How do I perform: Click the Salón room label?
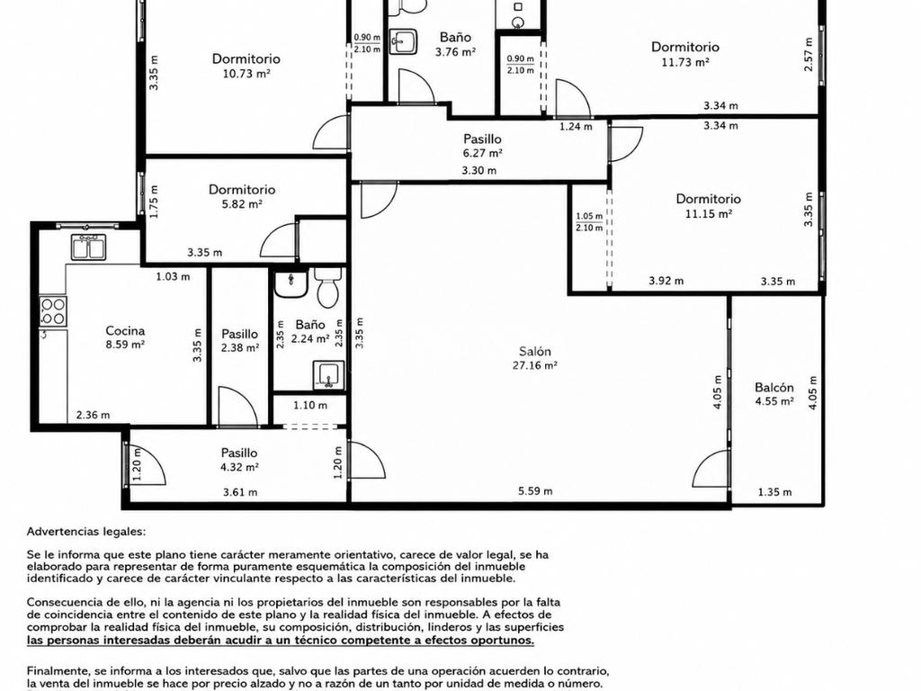click(534, 352)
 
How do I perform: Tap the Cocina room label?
click(125, 331)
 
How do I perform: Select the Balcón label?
click(774, 387)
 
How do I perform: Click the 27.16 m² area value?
click(534, 365)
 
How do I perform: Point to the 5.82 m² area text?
click(242, 204)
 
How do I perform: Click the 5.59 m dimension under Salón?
click(535, 491)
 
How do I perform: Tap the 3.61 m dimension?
click(240, 492)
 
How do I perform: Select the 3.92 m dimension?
click(666, 281)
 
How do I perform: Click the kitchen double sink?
click(88, 247)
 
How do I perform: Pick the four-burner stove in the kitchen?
click(53, 311)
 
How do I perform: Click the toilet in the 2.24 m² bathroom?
click(327, 287)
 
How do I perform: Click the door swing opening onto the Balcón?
click(711, 469)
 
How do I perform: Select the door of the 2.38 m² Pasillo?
click(237, 406)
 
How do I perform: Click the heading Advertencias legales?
click(85, 532)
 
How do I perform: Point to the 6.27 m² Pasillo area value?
click(482, 153)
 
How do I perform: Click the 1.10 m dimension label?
click(310, 406)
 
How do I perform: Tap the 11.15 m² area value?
click(709, 214)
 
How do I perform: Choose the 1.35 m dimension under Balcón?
click(774, 492)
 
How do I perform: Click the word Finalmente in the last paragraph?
click(55, 671)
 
